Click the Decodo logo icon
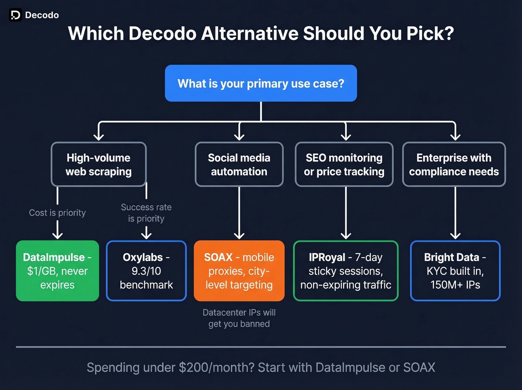coord(15,15)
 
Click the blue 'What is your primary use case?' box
coord(261,83)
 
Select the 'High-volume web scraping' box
coord(98,164)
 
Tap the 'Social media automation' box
coord(239,164)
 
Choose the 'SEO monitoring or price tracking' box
coord(344,164)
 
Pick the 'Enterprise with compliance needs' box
coord(454,164)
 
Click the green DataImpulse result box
coord(57,271)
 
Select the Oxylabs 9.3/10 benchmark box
coord(146,271)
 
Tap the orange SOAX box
coord(239,271)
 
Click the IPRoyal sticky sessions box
coord(346,271)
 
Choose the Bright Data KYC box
coord(455,271)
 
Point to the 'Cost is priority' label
coord(57,213)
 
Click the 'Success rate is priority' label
coord(146,213)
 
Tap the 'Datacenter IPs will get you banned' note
coord(239,318)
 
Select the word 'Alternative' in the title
coord(249,33)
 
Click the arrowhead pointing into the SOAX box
coord(239,235)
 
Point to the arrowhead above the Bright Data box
coord(455,235)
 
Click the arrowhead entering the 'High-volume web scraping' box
coord(98,136)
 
